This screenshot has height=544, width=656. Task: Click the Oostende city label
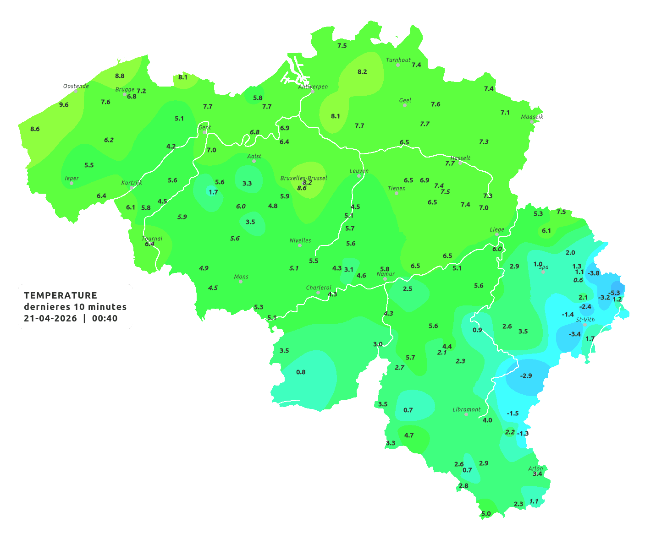(x=76, y=86)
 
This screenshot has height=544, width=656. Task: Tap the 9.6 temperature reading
(x=64, y=105)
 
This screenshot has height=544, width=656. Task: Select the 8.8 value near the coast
(x=120, y=76)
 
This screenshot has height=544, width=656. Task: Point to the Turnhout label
(x=398, y=60)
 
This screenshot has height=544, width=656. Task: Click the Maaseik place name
(x=532, y=117)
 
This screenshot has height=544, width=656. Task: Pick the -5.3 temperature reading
(x=614, y=293)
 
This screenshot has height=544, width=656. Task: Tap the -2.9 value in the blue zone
(x=526, y=375)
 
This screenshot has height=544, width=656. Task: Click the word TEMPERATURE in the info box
(x=61, y=295)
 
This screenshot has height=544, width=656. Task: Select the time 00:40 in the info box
(x=105, y=318)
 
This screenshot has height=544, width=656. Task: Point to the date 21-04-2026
(x=50, y=318)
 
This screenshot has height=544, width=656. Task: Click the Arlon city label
(x=535, y=468)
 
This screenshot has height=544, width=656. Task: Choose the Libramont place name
(x=467, y=409)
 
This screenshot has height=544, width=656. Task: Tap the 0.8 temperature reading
(x=301, y=372)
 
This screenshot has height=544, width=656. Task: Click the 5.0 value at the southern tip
(x=486, y=514)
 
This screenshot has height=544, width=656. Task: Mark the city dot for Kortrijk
(x=132, y=188)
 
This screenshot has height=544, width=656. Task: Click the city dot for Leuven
(x=359, y=176)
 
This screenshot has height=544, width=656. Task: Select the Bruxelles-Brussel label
(x=303, y=178)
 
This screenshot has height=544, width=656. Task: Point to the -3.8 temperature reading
(x=594, y=273)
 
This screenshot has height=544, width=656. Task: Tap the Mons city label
(x=241, y=277)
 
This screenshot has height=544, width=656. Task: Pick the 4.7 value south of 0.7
(x=409, y=435)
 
